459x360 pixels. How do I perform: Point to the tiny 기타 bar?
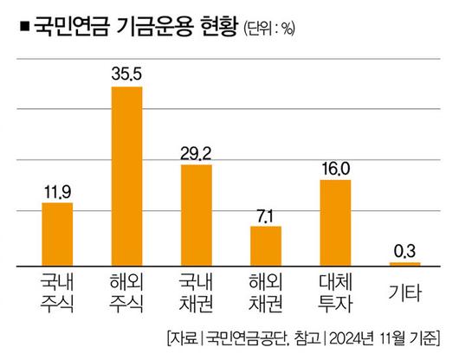tap(404, 263)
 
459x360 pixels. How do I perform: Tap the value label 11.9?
tap(56, 191)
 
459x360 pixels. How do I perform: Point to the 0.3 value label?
tap(405, 251)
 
